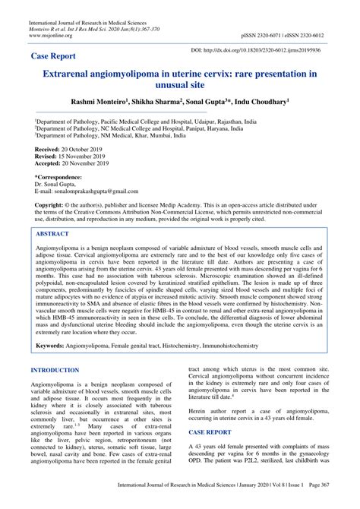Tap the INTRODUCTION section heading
55,370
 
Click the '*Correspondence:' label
58,177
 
